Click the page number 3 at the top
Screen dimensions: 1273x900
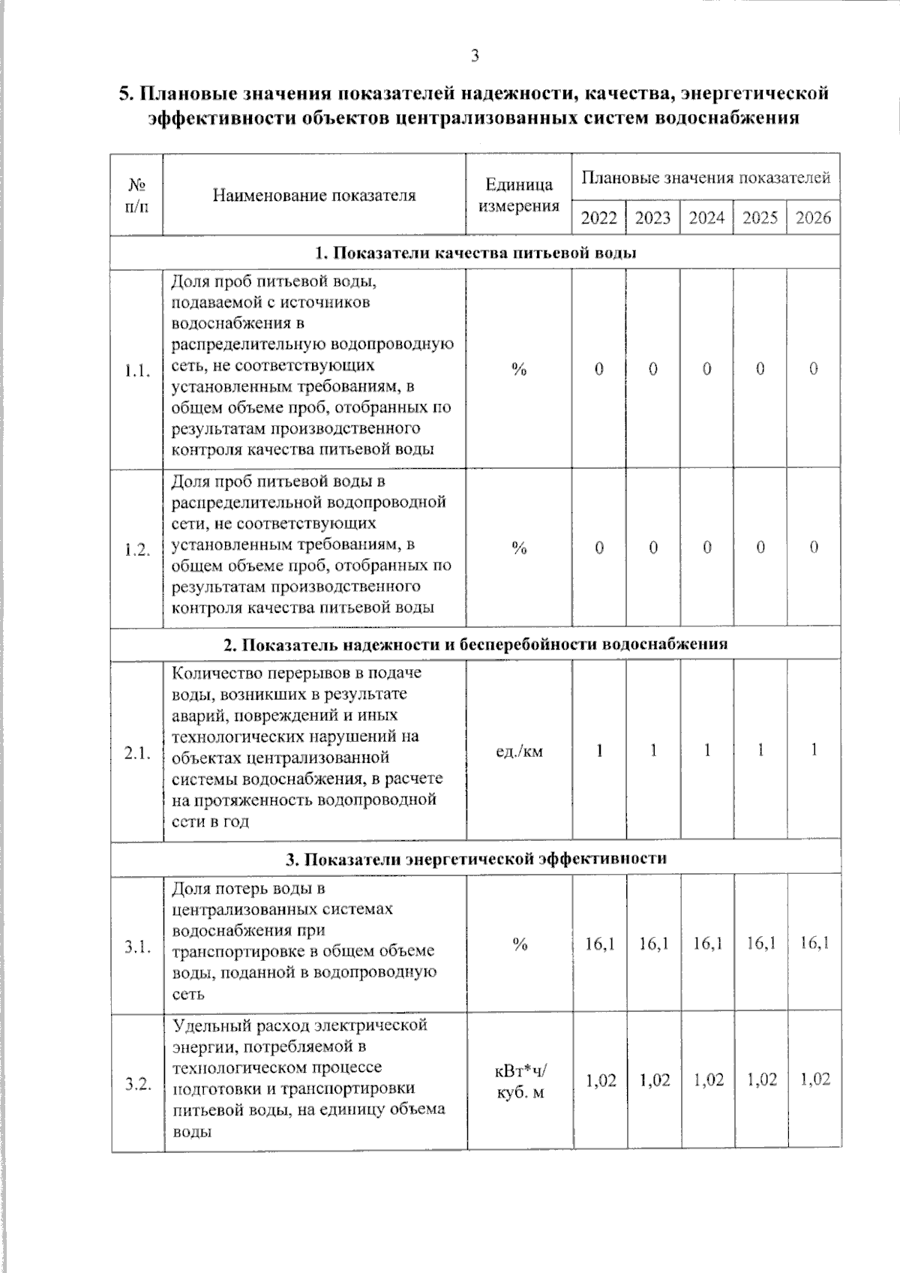coord(474,56)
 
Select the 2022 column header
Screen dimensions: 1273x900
coord(598,218)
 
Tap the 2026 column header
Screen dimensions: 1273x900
coord(813,218)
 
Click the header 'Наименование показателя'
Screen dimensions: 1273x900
coord(313,196)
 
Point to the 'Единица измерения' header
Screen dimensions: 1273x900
coord(518,195)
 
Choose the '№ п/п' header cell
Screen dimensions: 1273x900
coord(136,195)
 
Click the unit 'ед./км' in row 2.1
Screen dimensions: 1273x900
coord(519,750)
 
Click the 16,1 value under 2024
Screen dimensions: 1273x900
coord(706,943)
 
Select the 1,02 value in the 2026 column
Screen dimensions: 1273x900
coord(814,1080)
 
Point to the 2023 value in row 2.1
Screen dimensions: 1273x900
coord(653,750)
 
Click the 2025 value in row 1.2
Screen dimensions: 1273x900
coord(760,548)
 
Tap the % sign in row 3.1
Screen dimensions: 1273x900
coord(519,944)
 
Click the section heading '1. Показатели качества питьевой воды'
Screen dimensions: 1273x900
coord(475,253)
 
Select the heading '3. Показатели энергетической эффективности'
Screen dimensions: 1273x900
coord(475,858)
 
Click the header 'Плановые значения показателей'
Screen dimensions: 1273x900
coord(706,179)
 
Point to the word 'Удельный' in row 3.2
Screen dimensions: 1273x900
coord(205,1025)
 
